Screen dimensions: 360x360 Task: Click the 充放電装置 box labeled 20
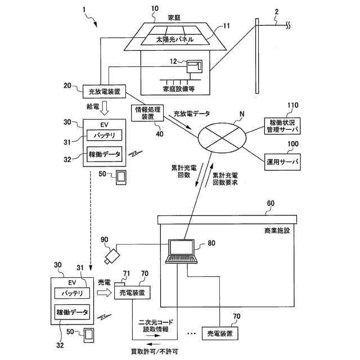(104, 92)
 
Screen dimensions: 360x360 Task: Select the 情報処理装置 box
(147, 113)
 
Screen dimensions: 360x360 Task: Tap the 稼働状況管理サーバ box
(282, 126)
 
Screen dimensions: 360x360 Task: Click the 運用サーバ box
(282, 162)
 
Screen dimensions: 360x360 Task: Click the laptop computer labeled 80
(181, 251)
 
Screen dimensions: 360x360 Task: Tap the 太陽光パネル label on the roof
(175, 40)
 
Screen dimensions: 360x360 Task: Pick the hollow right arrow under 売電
(104, 292)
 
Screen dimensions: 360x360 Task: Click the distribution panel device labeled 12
(195, 66)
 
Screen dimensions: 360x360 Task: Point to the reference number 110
(292, 105)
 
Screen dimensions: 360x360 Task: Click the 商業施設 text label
(277, 231)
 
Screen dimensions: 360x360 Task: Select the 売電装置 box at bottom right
(220, 334)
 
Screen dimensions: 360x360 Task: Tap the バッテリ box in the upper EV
(104, 135)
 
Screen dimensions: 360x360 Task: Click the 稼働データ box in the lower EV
(72, 312)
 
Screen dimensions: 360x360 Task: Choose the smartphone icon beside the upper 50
(121, 178)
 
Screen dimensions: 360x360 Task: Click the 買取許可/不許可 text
(154, 352)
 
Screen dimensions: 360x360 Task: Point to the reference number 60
(271, 203)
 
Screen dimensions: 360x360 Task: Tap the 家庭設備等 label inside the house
(179, 89)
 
